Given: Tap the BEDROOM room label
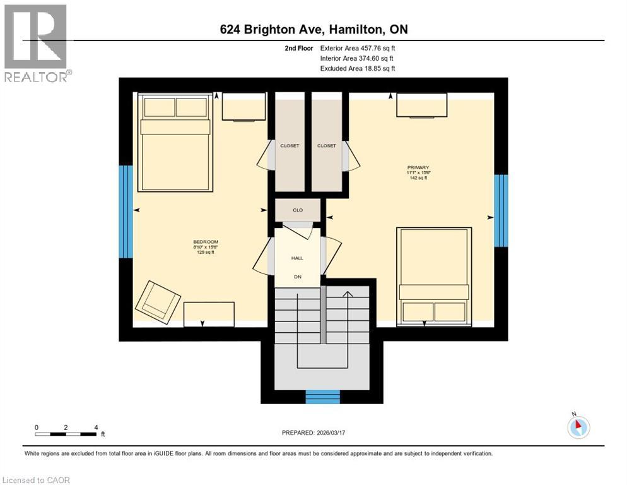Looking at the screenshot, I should (x=205, y=242).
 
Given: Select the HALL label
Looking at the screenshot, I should (x=298, y=258).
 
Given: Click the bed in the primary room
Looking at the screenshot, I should (x=434, y=276).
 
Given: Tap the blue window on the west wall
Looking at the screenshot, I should (x=126, y=212).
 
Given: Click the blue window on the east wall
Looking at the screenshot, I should (x=501, y=210).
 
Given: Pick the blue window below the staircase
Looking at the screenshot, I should (x=322, y=397).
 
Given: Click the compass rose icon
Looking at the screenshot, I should (x=578, y=426).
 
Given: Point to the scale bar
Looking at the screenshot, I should (x=66, y=434).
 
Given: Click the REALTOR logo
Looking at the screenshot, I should (x=37, y=43).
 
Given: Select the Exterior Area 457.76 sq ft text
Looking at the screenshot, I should (x=358, y=48).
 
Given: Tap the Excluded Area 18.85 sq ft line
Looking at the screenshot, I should (x=358, y=68).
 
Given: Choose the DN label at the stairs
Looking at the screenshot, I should (x=298, y=277).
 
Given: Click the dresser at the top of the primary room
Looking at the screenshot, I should (x=422, y=105).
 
